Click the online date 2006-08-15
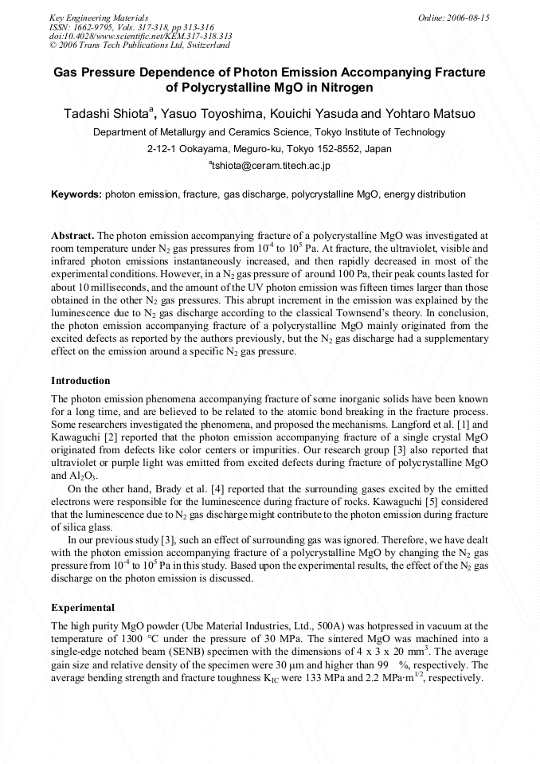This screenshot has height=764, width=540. [x=459, y=17]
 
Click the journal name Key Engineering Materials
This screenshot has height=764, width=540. [x=99, y=17]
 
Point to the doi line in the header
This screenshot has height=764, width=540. [x=141, y=36]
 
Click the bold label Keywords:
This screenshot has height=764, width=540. [x=76, y=194]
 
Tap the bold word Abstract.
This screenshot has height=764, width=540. [x=72, y=237]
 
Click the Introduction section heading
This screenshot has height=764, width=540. [x=80, y=381]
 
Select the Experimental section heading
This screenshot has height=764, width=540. [x=83, y=608]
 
